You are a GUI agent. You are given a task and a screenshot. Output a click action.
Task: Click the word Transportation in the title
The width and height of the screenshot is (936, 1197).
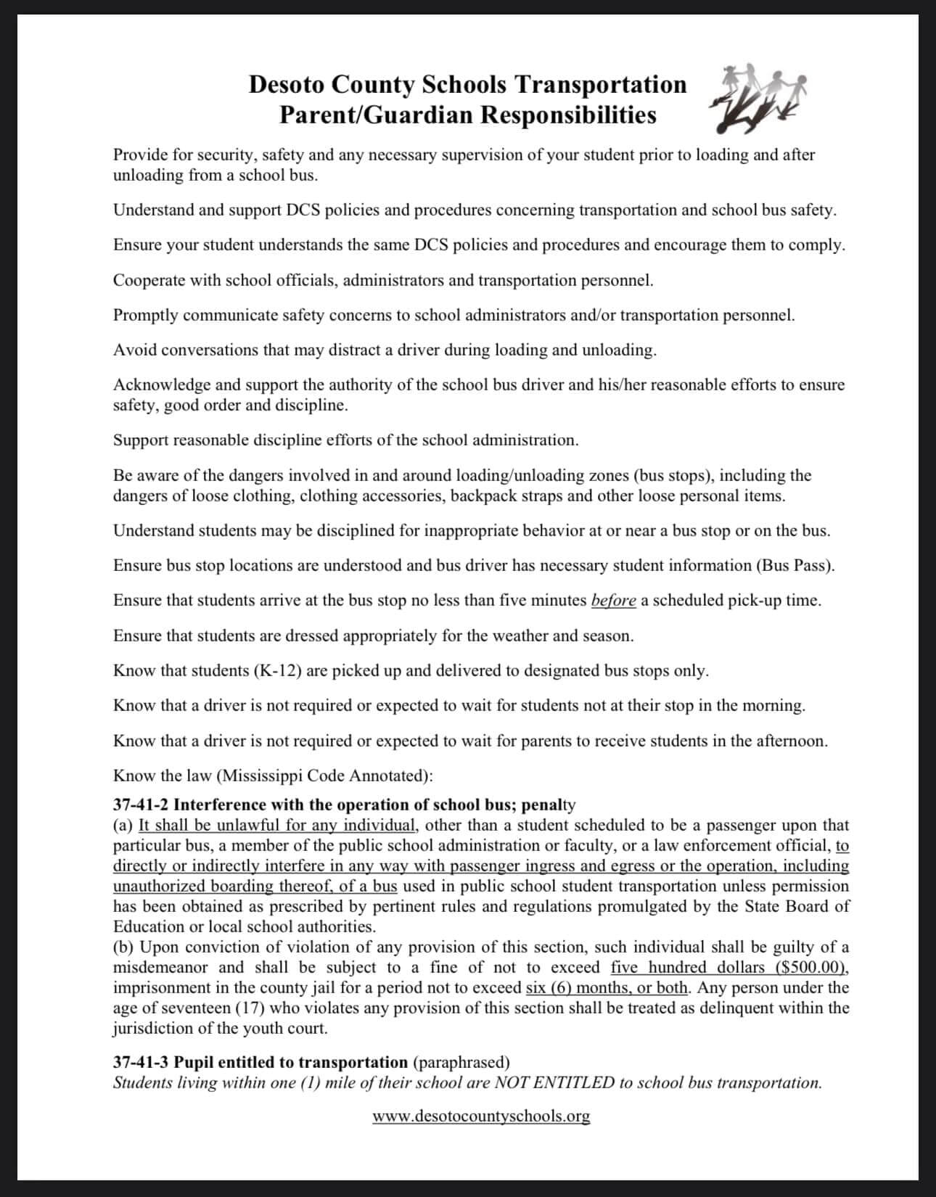click(600, 84)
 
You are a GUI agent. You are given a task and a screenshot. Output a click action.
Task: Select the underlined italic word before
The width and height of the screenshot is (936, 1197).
click(614, 601)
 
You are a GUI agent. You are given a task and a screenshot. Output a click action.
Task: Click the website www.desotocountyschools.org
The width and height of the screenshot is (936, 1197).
click(481, 1116)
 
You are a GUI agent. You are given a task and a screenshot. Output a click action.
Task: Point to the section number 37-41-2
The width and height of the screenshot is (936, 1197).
click(141, 805)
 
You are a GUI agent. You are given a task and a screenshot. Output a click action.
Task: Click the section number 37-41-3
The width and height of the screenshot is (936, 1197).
click(141, 1062)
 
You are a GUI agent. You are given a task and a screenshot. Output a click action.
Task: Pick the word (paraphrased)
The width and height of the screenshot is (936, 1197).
click(461, 1062)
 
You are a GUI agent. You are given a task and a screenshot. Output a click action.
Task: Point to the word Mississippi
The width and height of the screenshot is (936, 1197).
click(262, 776)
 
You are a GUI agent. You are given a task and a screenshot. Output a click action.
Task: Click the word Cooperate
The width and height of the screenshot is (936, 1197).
click(149, 280)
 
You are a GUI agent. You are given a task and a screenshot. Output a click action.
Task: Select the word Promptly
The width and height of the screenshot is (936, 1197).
click(145, 315)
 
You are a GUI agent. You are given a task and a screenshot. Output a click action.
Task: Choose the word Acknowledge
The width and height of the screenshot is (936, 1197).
click(162, 384)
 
